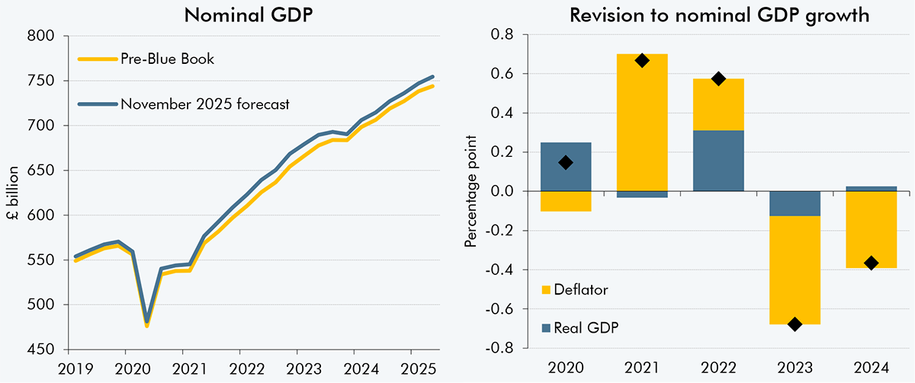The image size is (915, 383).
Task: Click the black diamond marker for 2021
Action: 642,60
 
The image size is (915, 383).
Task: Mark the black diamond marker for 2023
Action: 795,324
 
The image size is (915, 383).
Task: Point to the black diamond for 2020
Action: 566,162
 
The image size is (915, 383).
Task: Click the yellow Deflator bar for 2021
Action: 642,122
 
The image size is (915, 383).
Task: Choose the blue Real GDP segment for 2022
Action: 718,161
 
